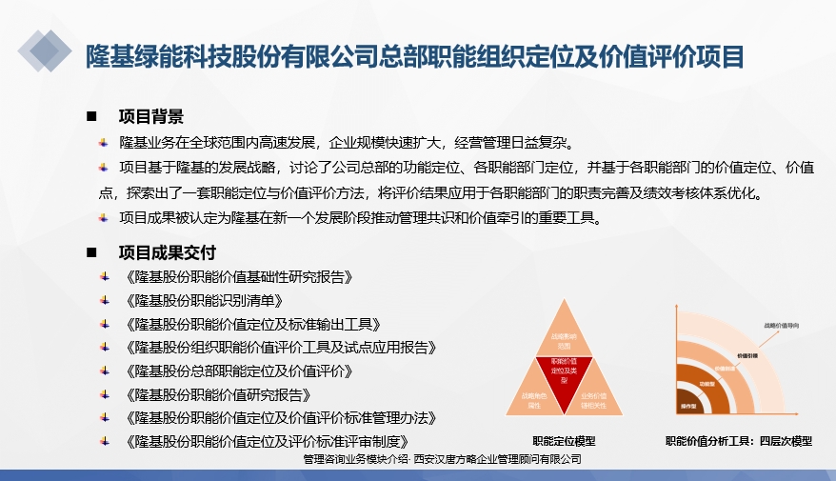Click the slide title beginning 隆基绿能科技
point(414,55)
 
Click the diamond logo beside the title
point(45,50)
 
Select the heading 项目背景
point(150,116)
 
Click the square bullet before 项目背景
point(91,116)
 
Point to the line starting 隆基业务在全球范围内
point(345,144)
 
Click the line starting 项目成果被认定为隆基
point(359,218)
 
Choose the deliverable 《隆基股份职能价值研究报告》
point(231,393)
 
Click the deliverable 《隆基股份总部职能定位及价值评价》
point(239,371)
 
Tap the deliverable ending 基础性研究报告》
point(239,277)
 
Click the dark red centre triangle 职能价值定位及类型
point(565,370)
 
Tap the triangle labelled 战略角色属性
point(531,400)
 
